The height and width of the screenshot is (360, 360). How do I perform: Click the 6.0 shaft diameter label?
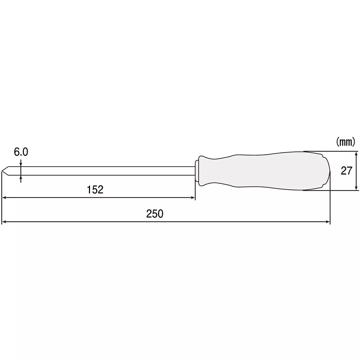point(21,152)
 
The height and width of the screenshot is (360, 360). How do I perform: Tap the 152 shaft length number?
point(95,190)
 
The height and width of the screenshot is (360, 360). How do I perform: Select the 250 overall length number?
point(155,214)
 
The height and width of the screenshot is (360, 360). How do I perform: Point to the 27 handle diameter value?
point(346,171)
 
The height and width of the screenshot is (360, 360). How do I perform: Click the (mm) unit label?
point(346,142)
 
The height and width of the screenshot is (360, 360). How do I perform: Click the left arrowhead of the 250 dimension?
point(4,222)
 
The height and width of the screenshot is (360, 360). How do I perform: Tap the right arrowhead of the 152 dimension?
point(193,198)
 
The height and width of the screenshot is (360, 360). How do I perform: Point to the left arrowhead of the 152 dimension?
point(4,198)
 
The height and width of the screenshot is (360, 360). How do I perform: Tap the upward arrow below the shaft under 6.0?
point(21,177)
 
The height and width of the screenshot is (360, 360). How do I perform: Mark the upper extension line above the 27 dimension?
point(331,151)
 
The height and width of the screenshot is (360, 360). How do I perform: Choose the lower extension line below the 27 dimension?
point(331,190)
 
